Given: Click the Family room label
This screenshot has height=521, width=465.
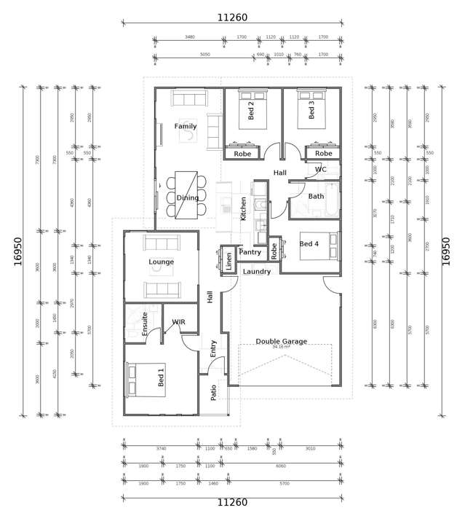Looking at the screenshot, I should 185,126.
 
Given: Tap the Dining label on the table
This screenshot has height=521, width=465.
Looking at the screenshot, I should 187,197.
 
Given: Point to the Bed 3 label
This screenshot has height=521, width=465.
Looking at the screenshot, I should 311,110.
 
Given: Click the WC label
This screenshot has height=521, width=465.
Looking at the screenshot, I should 321,170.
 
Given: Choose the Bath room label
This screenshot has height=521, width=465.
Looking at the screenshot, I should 316,196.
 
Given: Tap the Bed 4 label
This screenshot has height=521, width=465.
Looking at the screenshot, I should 309,243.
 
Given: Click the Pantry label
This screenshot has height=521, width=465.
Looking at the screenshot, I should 250,252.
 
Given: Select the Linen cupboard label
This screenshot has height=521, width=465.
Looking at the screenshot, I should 229,261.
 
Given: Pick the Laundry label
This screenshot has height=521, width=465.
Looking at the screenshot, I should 257,272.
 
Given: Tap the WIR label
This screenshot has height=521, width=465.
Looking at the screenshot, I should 178,321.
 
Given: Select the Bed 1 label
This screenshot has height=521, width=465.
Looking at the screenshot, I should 161,377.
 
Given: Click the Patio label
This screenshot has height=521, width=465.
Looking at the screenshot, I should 213,393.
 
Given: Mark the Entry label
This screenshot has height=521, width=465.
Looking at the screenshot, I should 213,348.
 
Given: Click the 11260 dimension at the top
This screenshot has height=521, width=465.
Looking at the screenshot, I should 232,17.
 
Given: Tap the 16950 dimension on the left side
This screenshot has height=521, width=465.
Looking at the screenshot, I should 18,251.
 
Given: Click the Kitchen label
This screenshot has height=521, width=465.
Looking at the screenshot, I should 243,208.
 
